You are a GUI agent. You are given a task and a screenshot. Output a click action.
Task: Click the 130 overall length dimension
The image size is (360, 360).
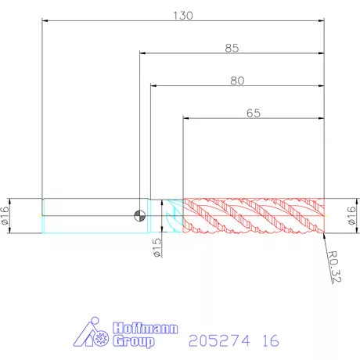point(183,16)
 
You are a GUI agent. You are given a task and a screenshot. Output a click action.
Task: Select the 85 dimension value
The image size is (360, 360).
point(232,49)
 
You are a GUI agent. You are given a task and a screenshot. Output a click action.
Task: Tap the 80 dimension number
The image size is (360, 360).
point(237,81)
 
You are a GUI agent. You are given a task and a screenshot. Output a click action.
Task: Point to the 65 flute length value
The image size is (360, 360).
point(254,113)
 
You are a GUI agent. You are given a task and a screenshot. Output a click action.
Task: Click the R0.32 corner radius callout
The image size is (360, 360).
point(334,267)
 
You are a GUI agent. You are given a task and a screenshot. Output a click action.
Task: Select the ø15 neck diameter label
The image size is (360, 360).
point(157,247)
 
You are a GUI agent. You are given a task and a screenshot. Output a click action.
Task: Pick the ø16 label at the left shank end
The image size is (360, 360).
point(5,216)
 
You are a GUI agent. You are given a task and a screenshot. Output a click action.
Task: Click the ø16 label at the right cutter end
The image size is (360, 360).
point(351,216)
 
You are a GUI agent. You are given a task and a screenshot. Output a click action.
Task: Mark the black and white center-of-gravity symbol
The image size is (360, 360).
point(140,216)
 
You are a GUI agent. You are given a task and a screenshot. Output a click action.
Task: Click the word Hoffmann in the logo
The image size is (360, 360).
point(145,328)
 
